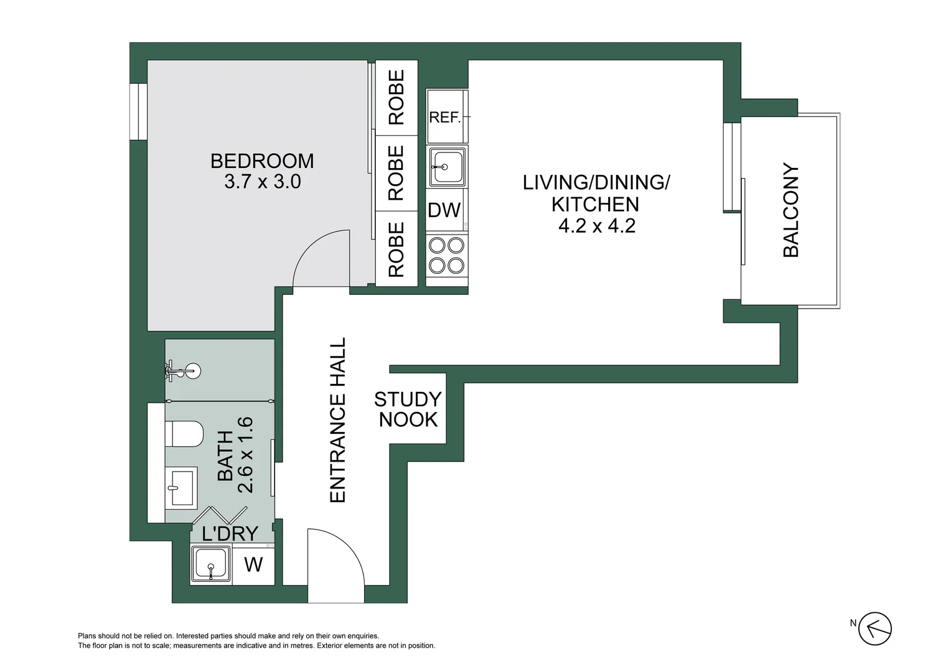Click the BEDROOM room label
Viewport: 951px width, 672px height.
click(x=262, y=161)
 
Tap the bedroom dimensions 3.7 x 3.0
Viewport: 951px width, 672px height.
click(x=262, y=182)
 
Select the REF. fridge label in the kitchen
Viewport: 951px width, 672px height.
click(x=444, y=117)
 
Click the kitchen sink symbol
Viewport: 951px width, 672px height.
click(x=446, y=167)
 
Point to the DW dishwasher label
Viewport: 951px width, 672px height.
click(x=444, y=210)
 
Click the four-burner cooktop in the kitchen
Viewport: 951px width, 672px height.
click(x=446, y=255)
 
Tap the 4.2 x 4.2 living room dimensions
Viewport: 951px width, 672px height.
click(x=596, y=225)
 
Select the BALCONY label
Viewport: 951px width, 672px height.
click(x=790, y=210)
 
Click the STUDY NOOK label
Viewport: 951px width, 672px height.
click(x=408, y=409)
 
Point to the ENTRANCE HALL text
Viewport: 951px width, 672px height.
click(x=337, y=420)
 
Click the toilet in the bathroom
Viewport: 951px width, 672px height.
click(x=186, y=434)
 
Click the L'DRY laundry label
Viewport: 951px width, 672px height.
click(x=230, y=533)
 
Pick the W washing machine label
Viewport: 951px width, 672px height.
click(x=253, y=564)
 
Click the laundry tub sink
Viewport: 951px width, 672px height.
click(x=211, y=564)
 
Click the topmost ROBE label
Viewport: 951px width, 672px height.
click(x=396, y=97)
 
